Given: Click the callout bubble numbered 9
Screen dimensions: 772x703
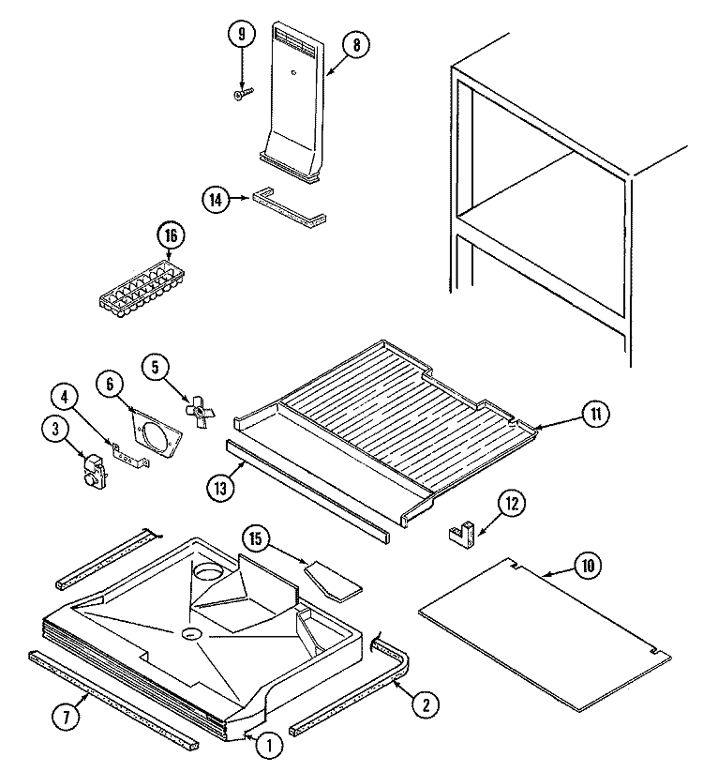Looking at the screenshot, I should pos(242,35).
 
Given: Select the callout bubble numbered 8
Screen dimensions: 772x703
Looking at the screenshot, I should pos(355,44).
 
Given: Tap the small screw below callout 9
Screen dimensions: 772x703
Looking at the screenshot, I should pos(242,93).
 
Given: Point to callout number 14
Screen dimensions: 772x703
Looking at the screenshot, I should pos(216,198).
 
